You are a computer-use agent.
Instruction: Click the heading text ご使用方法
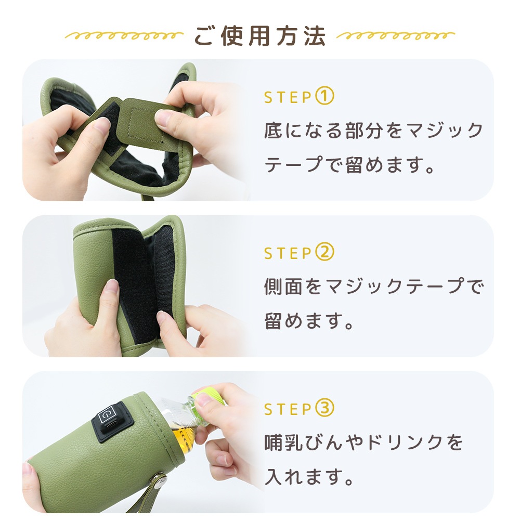(259, 35)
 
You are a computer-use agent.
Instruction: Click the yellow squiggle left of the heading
(124, 35)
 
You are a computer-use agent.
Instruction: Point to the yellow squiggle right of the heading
(395, 35)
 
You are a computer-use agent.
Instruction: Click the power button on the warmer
(107, 413)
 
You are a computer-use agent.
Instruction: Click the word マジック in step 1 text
(445, 130)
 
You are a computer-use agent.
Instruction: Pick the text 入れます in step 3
(304, 476)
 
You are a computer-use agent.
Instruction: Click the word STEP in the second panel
(288, 253)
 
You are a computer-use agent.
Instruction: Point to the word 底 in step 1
(274, 130)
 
